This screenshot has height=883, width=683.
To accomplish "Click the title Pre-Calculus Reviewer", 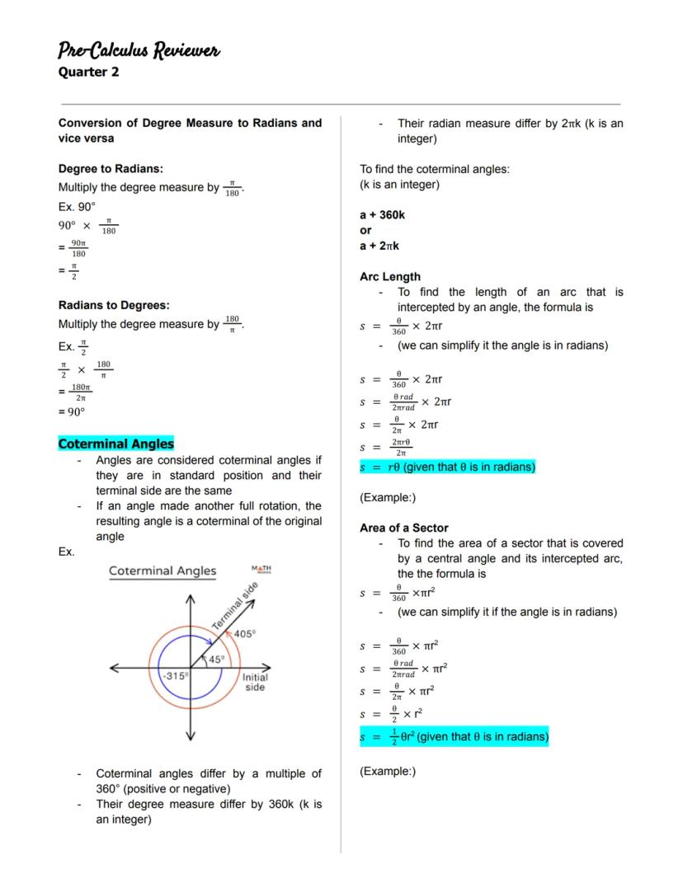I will click(x=139, y=51).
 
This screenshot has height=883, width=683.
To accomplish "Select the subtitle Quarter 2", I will click(x=88, y=72).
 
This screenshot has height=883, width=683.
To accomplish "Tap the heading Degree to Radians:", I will click(x=111, y=168).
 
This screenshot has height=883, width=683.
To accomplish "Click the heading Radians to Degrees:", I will click(x=114, y=305).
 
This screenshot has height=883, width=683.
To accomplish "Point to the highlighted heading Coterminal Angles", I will click(x=116, y=444).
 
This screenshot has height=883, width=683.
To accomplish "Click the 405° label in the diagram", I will click(x=244, y=633).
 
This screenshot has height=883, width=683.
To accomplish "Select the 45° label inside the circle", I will click(x=216, y=660).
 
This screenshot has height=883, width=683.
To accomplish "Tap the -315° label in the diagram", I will click(x=175, y=675).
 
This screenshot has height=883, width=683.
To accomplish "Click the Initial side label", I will click(x=255, y=682).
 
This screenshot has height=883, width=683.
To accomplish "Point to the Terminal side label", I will click(x=235, y=607).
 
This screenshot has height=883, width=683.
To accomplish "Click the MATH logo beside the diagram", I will click(x=261, y=570).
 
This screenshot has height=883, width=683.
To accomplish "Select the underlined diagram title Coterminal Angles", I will click(x=163, y=571).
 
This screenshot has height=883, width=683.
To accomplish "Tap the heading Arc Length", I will click(x=389, y=277).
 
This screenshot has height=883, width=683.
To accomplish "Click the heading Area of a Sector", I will click(x=404, y=528).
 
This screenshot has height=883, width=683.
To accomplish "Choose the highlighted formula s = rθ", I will click(x=447, y=467).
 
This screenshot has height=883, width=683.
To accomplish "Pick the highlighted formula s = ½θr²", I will click(x=454, y=736).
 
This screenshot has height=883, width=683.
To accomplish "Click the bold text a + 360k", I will click(x=382, y=215).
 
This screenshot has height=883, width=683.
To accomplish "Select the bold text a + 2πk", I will click(x=379, y=246).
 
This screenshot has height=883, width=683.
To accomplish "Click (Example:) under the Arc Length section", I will click(x=388, y=497).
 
